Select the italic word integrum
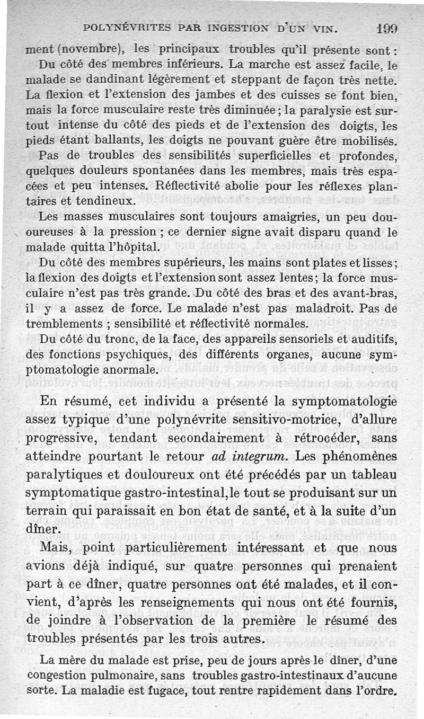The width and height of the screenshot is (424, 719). pos(253,456)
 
